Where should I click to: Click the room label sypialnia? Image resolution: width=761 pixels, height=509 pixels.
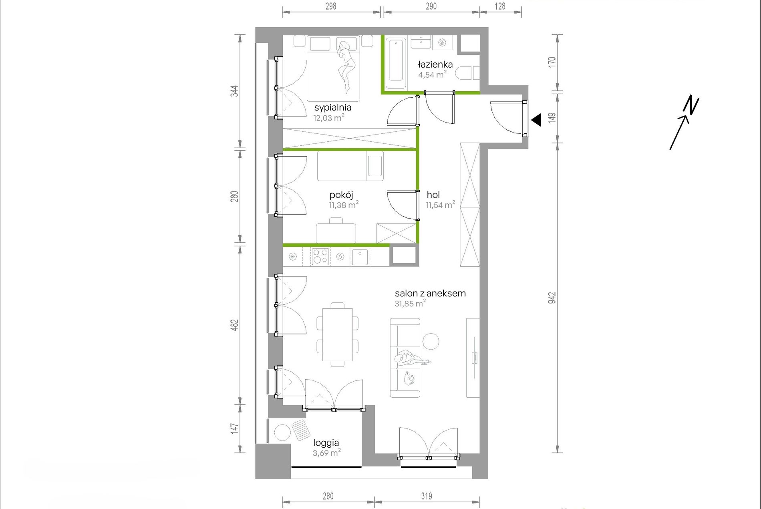coord(332,108)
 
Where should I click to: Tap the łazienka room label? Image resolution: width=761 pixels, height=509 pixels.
coord(435,64)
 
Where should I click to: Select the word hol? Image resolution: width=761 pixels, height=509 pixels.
coord(433,195)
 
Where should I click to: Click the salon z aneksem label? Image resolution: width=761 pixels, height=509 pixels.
coord(430,293)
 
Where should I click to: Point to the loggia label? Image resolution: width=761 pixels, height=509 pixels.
coord(326,443)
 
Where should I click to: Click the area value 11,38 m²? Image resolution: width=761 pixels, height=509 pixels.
coord(344,205)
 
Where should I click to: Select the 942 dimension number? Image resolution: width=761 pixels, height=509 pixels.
coord(552,298)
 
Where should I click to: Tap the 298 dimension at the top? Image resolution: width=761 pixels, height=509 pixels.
coord(331,6)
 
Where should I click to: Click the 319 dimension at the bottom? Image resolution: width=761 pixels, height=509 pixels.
coord(427,496)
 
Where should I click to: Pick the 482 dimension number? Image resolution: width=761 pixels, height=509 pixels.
coord(234,325)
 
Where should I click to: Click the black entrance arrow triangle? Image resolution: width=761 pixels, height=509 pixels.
coord(536,120)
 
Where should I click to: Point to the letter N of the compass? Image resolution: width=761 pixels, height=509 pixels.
coord(691,105)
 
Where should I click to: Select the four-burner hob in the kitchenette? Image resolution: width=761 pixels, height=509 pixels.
coord(320,256)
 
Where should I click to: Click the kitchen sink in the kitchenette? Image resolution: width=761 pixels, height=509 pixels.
coord(360,257)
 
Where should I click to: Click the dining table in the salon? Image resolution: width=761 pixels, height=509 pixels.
coord(338,334)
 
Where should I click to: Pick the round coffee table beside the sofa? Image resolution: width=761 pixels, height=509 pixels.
coord(431,342)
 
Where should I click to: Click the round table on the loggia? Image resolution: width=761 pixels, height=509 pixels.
coord(282,433)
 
